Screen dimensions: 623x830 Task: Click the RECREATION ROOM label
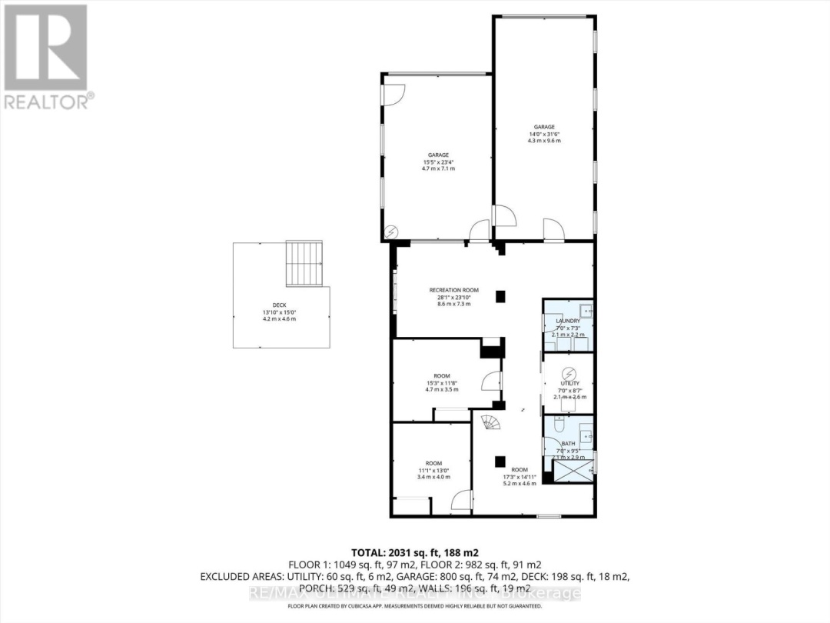(x=453, y=290)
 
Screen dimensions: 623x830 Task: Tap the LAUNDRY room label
(x=569, y=321)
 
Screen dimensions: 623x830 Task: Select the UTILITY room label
(x=569, y=383)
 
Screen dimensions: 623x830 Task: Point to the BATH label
(x=568, y=444)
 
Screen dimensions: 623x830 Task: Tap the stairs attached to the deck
(x=305, y=263)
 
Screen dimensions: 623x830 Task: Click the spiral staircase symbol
(x=490, y=421)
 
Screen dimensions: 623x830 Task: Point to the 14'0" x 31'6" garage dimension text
(x=545, y=135)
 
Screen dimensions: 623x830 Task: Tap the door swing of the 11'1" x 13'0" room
(x=460, y=502)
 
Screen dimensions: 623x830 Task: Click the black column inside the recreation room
(x=501, y=295)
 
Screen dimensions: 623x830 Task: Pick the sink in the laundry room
(x=585, y=310)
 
